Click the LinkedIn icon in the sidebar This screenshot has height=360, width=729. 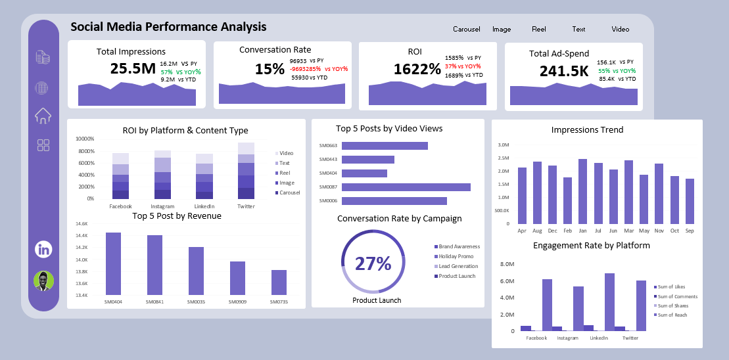click(43, 249)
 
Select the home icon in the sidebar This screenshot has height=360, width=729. click(43, 116)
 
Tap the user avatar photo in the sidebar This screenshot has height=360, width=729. click(43, 281)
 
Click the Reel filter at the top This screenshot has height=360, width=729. click(539, 29)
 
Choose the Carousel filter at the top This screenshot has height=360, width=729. click(466, 29)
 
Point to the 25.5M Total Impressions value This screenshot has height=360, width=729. click(133, 68)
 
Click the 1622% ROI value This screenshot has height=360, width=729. click(417, 69)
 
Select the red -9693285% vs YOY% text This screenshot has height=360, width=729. click(319, 68)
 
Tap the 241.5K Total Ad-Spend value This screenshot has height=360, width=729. click(564, 71)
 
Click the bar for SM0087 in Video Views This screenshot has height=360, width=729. click(406, 187)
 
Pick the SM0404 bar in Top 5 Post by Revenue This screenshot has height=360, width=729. click(113, 263)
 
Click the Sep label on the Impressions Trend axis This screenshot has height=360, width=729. click(690, 231)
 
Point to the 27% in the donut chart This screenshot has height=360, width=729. click(373, 263)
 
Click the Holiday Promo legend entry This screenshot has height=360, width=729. click(457, 256)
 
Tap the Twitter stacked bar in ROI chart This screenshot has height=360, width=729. click(246, 171)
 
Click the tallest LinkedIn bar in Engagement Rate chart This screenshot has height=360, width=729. click(609, 302)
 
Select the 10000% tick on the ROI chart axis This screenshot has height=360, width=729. click(85, 139)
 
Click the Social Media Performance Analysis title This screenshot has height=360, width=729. click(168, 27)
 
